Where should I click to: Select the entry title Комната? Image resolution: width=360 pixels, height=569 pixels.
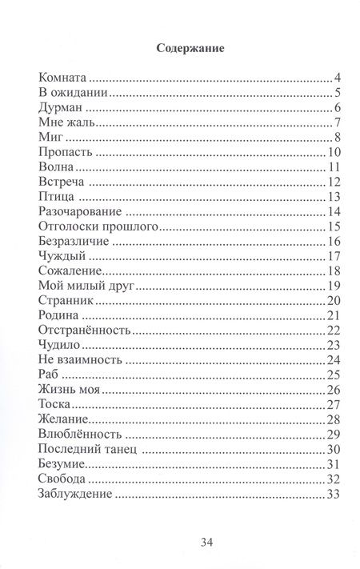62,78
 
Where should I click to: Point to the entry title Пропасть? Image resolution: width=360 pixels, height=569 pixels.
66,153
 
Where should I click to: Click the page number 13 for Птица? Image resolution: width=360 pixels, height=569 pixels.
334,198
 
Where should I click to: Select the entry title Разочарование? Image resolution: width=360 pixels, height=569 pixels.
79,212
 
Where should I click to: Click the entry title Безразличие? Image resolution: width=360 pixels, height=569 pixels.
73,242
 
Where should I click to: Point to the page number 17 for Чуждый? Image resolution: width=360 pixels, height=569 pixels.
334,257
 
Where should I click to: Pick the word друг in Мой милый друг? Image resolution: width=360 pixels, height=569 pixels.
124,287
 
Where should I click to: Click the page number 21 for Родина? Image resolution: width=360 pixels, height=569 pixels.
334,316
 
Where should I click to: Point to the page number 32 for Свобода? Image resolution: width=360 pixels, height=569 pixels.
334,480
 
